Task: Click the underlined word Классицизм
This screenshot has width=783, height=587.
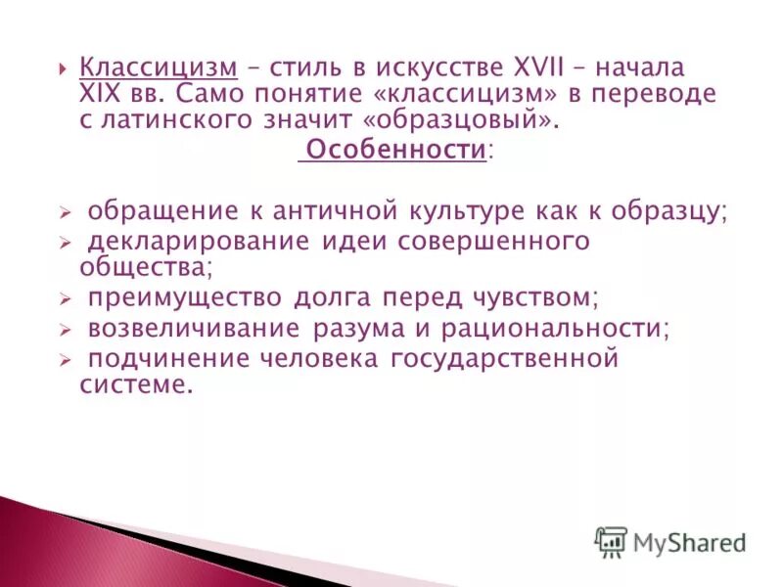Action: pyautogui.click(x=159, y=69)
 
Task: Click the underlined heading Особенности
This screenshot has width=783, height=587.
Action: pyautogui.click(x=396, y=151)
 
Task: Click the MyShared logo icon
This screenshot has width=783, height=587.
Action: pyautogui.click(x=611, y=541)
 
